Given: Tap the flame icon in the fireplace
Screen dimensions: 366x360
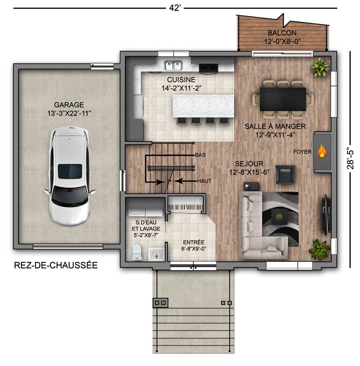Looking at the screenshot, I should tap(321, 152).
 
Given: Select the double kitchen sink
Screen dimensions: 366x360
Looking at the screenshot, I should tap(174, 65).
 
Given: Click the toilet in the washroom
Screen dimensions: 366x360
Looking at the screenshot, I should tap(137, 252).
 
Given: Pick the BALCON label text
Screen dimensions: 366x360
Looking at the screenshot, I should tap(282, 33).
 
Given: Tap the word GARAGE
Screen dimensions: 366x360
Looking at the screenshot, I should tap(69, 105).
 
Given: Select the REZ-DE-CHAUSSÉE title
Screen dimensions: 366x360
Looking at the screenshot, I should tap(56, 265).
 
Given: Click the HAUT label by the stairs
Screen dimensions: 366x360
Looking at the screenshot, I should tap(204, 181).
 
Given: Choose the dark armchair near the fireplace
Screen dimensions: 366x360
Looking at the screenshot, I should tap(285, 174).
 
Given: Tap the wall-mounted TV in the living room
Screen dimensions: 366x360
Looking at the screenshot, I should tap(325, 215).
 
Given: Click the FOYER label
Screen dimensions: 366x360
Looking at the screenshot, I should tap(302, 152).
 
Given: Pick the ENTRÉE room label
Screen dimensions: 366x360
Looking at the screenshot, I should tap(193, 242).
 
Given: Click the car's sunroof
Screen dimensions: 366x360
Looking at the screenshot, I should tap(70, 171).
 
